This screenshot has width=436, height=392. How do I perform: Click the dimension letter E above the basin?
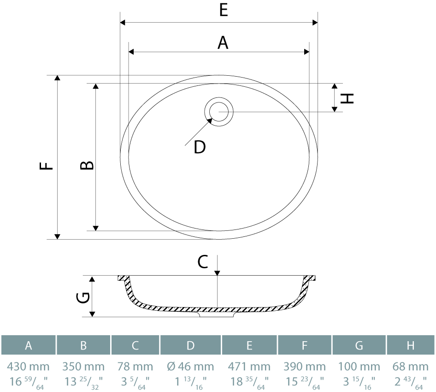tap(224, 10)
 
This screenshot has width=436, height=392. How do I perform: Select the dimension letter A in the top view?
tap(223, 43)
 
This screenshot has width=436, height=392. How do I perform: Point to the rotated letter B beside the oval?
tap(87, 165)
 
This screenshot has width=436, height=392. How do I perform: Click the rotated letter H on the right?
tap(347, 98)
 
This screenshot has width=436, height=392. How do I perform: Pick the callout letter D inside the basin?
tap(200, 147)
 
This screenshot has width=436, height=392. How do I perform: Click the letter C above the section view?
tap(203, 262)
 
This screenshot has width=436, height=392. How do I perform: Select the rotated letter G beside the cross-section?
tap(83, 297)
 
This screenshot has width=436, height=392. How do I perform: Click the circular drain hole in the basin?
tap(219, 112)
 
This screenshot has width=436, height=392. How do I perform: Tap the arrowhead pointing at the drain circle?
tap(210, 121)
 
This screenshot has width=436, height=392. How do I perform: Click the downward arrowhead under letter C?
tap(217, 273)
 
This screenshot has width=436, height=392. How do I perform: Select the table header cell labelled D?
tap(190, 345)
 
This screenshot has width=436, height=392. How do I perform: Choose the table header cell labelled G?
tap(359, 345)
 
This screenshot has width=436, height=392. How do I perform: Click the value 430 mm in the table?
tap(29, 367)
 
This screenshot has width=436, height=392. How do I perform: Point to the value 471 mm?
tap(249, 367)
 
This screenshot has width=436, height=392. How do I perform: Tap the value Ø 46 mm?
tap(190, 367)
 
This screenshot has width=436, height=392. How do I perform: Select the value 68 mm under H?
tap(410, 367)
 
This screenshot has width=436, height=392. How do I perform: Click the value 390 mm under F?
tap(305, 367)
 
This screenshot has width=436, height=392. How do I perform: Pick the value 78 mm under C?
tap(135, 367)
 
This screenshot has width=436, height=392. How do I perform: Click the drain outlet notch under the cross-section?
tap(218, 314)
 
